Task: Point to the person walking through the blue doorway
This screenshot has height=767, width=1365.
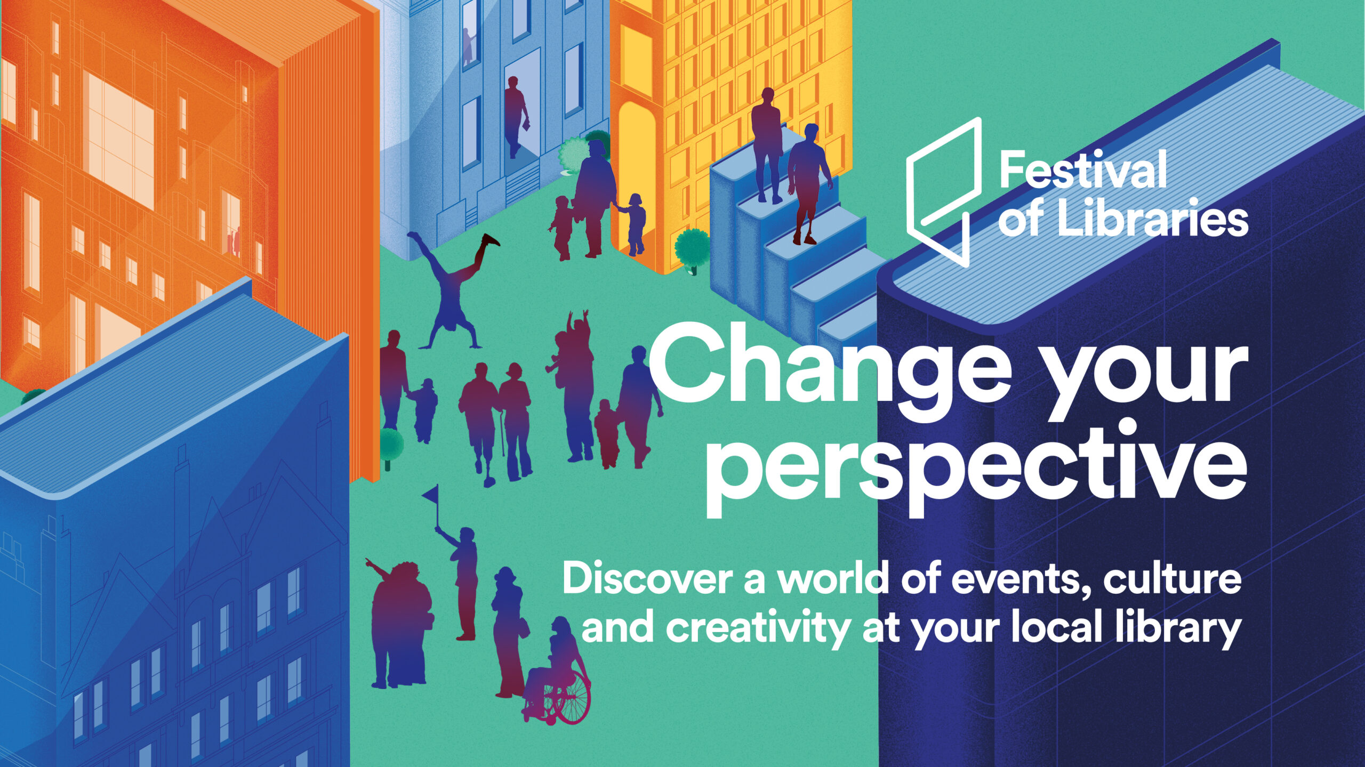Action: point(515,117)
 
